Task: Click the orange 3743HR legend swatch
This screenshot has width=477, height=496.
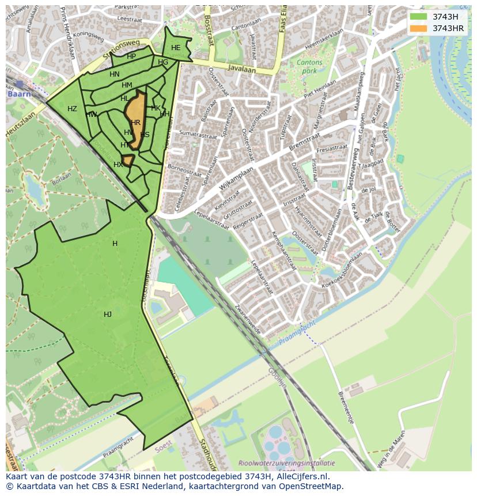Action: click(x=419, y=28)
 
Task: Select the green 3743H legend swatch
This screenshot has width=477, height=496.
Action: click(x=419, y=17)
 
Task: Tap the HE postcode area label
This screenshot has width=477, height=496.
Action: click(x=176, y=48)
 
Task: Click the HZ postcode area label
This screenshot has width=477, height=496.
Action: click(x=72, y=109)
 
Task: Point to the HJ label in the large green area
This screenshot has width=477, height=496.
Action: click(x=108, y=314)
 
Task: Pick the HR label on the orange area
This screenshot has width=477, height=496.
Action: click(x=136, y=123)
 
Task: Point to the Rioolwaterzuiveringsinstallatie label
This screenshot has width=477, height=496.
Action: click(x=286, y=463)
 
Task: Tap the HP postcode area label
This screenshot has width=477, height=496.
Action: click(x=131, y=56)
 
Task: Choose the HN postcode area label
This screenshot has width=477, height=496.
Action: click(x=115, y=74)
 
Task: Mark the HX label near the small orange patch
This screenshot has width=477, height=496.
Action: click(x=118, y=165)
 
